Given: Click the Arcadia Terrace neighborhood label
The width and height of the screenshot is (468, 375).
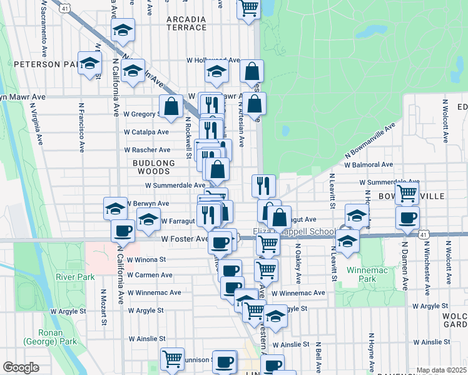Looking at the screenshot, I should [x=186, y=23].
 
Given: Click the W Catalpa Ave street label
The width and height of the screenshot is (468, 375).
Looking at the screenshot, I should [x=146, y=132].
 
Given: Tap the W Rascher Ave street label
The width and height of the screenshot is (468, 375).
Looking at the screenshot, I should [x=147, y=150].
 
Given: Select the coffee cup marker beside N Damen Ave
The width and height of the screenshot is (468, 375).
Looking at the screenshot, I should [x=408, y=218].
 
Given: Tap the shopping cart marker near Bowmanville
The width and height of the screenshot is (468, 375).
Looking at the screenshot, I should [x=407, y=194].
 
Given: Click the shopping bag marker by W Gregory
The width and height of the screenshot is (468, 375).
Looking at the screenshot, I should [x=171, y=107].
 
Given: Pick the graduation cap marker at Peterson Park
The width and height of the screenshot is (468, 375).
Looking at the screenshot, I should [x=90, y=63].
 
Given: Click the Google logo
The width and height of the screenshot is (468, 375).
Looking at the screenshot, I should [x=20, y=367].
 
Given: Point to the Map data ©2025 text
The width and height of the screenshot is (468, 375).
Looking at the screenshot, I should [x=440, y=370].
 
